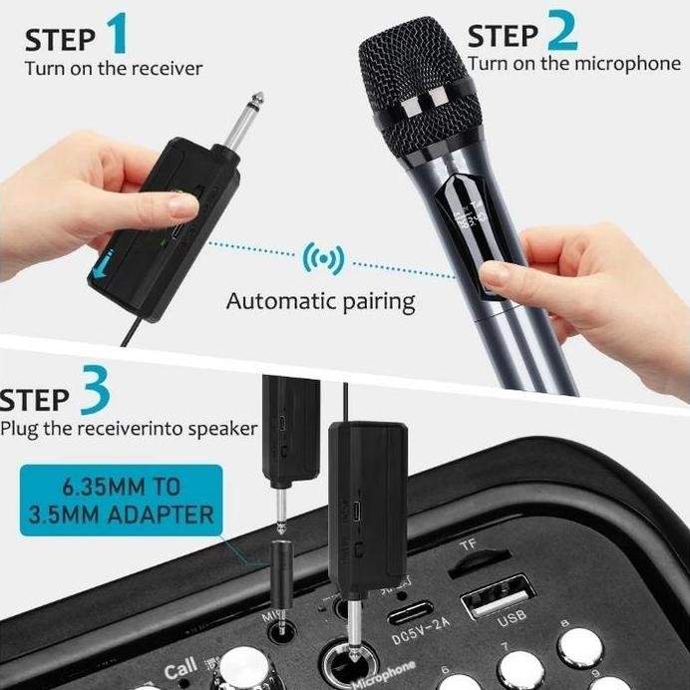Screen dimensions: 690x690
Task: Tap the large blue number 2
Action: click(x=561, y=30)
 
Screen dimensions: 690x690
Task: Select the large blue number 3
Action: click(x=94, y=394)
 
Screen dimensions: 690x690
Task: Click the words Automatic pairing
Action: click(x=320, y=300)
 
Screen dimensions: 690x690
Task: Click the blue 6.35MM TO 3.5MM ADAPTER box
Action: click(x=121, y=501)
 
